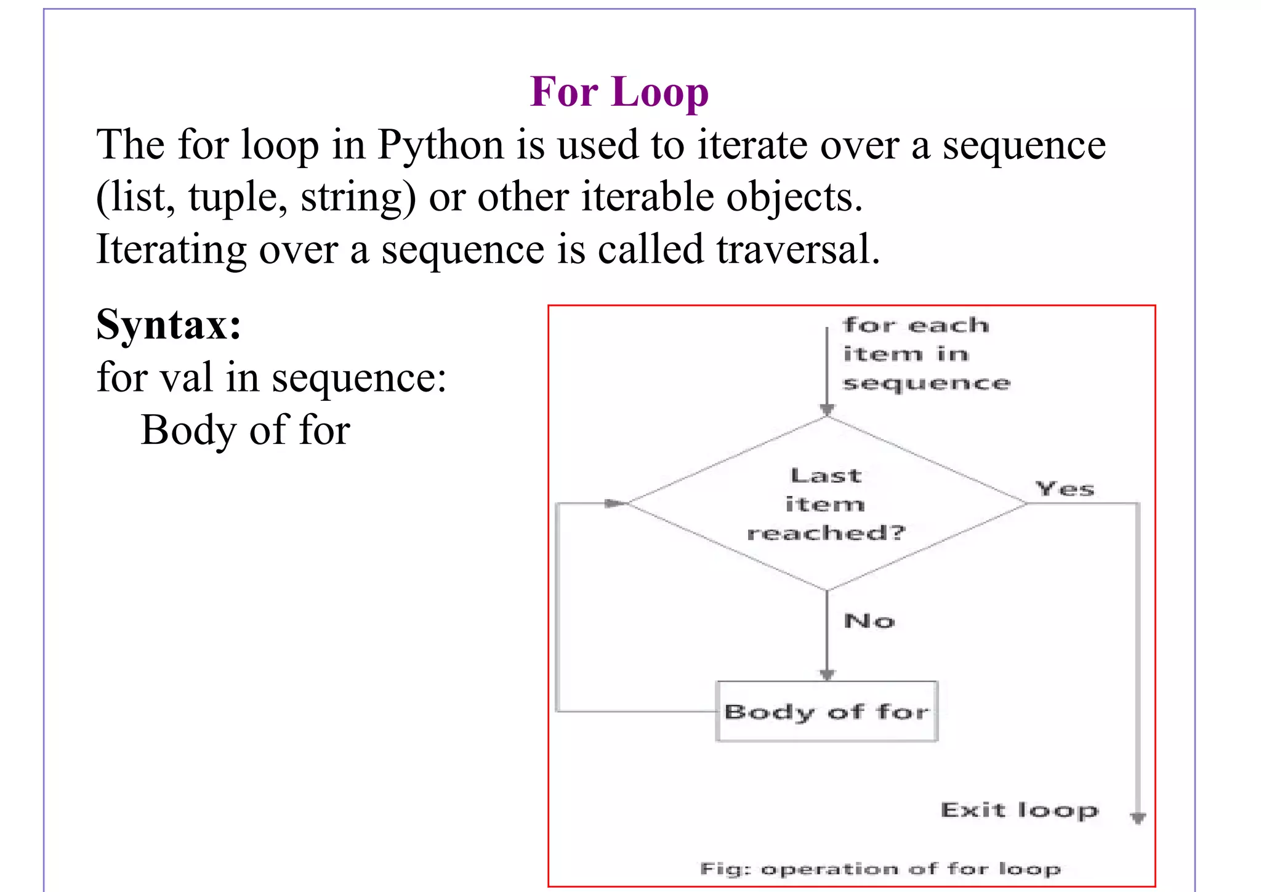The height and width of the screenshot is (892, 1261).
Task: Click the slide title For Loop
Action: [619, 92]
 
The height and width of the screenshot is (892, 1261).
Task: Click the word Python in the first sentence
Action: [440, 146]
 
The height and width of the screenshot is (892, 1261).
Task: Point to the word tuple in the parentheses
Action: [237, 198]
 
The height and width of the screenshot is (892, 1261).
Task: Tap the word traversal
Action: [798, 249]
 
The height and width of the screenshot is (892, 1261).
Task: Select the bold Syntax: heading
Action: [169, 324]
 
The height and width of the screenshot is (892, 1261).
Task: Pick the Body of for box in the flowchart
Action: [826, 712]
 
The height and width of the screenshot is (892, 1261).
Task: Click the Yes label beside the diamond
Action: [1065, 489]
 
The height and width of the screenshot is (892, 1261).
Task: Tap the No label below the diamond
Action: [869, 621]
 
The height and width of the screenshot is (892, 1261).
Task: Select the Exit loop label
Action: [1019, 810]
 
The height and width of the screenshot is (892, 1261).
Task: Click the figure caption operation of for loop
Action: [880, 869]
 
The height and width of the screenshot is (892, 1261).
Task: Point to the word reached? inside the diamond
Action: [826, 532]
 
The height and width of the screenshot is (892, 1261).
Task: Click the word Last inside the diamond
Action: [826, 476]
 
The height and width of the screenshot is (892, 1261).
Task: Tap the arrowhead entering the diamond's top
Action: [827, 410]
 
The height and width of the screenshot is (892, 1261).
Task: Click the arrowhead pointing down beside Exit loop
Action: [1138, 818]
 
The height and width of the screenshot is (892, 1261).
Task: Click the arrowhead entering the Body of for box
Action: [827, 675]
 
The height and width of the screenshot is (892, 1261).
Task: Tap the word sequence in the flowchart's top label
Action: [926, 384]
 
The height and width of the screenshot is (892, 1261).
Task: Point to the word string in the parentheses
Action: [358, 198]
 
